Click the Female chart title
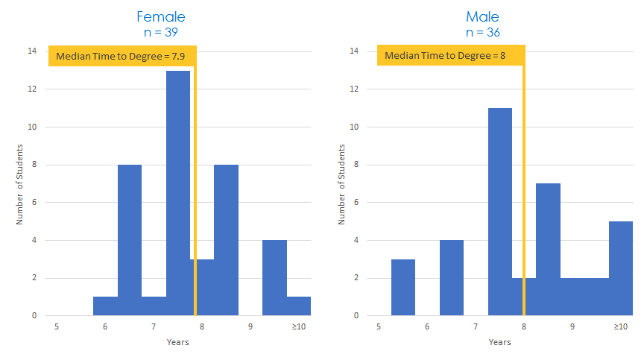tap(161, 16)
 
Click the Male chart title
tap(482, 16)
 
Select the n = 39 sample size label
tap(161, 32)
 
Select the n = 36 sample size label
tap(482, 32)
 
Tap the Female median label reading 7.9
tap(122, 56)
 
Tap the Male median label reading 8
tap(449, 56)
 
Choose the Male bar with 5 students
tap(620, 268)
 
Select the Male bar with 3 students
tap(403, 288)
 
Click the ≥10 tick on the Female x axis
tap(298, 326)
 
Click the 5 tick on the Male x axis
tap(379, 326)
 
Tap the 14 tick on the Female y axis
tap(31, 51)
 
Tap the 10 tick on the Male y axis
tap(353, 127)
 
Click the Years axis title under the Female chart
tap(177, 342)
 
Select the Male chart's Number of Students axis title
tap(342, 184)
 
